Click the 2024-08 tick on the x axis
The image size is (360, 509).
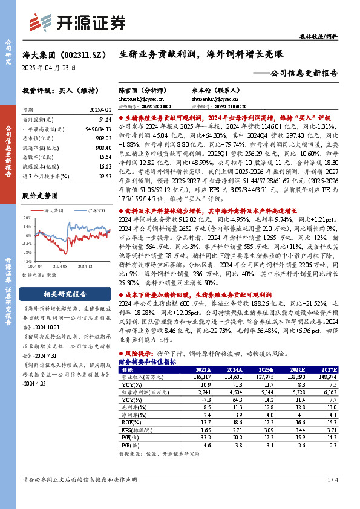(60, 265)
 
